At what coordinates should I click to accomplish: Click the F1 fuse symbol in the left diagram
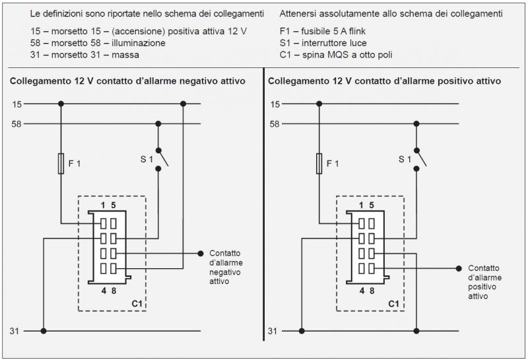point(61,163)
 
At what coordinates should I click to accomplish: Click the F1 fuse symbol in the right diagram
point(319,163)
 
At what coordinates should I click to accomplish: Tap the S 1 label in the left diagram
point(147,159)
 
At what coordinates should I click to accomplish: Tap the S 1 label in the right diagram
point(405,159)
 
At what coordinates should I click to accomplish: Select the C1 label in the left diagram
point(137,303)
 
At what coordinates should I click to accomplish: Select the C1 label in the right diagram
point(394,303)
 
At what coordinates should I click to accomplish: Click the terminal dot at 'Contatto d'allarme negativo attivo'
point(201,253)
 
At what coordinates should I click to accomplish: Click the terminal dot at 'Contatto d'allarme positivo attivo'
point(459,268)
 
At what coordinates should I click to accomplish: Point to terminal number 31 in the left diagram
point(15,330)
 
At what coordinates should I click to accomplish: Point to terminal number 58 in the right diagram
point(275,124)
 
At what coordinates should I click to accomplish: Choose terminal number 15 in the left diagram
point(16,104)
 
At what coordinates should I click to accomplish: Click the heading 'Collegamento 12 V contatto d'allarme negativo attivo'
point(127,81)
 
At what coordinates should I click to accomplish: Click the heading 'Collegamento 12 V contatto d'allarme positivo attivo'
point(383,81)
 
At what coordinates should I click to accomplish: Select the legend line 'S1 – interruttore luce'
point(323,43)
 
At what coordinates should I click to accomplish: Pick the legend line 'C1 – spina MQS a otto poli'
point(336,54)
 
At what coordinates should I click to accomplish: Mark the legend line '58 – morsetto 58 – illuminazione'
point(98,43)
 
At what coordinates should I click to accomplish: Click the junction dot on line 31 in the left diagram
point(44,330)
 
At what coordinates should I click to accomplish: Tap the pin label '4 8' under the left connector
point(109,290)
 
